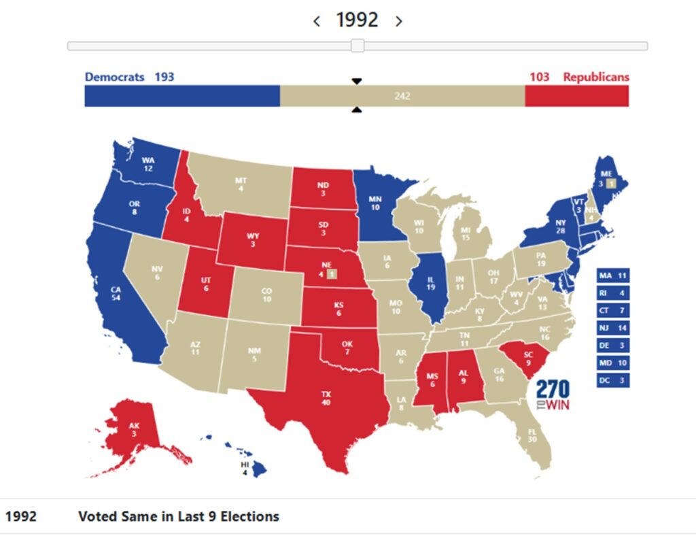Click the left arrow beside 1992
pos(317,21)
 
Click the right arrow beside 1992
pos(399,21)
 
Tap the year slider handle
pos(358,46)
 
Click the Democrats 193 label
pos(129,77)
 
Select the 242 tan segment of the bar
pos(402,96)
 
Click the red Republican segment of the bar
pos(576,96)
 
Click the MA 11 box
pos(612,275)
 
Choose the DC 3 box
pos(612,380)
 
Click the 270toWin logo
pos(553,395)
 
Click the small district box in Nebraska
pos(330,274)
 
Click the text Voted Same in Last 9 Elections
pos(179,516)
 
